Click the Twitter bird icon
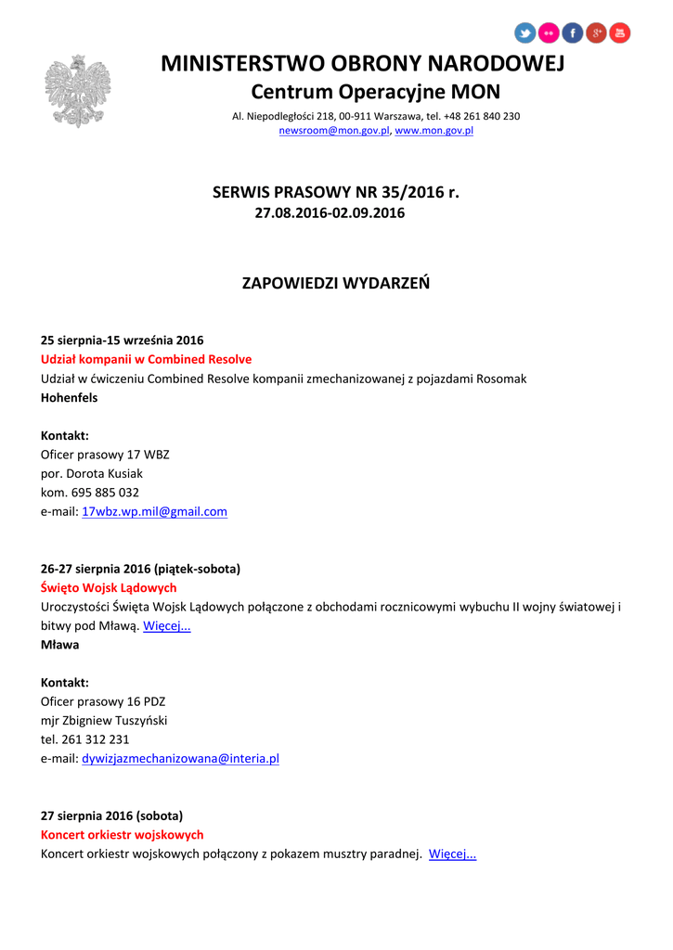(525, 33)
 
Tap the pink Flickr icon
(550, 33)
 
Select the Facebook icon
(573, 33)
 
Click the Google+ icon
(596, 33)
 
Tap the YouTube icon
(619, 33)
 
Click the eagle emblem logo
(78, 91)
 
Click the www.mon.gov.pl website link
(434, 131)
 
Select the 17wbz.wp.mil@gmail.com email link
(154, 511)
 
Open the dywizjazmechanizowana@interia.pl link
(180, 758)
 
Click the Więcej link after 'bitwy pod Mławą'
(167, 626)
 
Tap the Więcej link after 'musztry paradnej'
(452, 854)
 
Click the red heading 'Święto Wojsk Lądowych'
(109, 588)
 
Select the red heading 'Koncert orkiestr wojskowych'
(122, 835)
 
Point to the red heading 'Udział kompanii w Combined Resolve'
(146, 359)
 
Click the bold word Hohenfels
(69, 398)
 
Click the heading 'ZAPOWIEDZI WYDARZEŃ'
(336, 283)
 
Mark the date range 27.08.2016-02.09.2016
(330, 213)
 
